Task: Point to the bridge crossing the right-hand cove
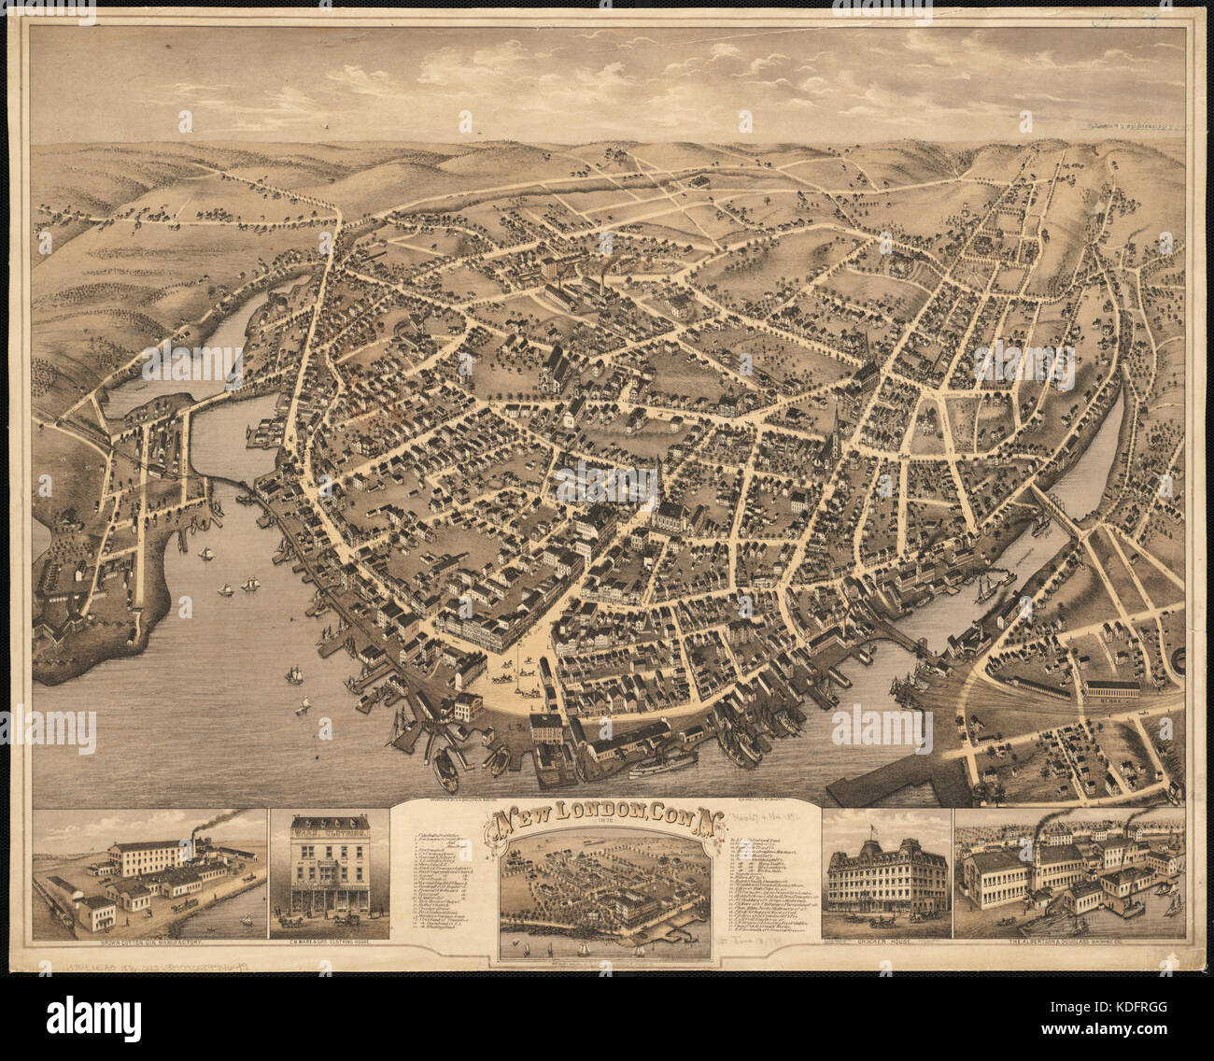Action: (1055, 511)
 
